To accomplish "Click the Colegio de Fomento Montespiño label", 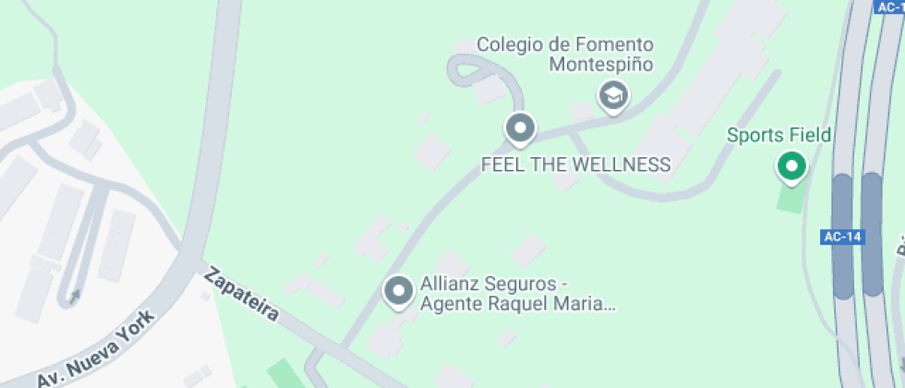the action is (x=565, y=55).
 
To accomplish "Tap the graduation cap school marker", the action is (x=612, y=94).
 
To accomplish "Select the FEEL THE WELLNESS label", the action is (x=575, y=165).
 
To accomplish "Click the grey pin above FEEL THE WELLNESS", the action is (x=521, y=127).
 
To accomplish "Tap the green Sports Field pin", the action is (x=790, y=166).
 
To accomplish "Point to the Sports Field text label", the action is (x=778, y=136).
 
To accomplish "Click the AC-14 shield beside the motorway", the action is (x=841, y=237).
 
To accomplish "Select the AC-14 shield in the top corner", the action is (x=888, y=6).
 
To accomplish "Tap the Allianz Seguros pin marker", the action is (x=399, y=290).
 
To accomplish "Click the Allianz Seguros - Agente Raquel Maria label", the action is (x=517, y=294).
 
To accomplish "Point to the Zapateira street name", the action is (x=241, y=294).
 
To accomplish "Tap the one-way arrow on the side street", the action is (x=74, y=296).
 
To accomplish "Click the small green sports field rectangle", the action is (x=790, y=198).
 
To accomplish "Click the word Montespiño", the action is (x=601, y=65).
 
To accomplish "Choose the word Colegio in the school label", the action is (x=507, y=44).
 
